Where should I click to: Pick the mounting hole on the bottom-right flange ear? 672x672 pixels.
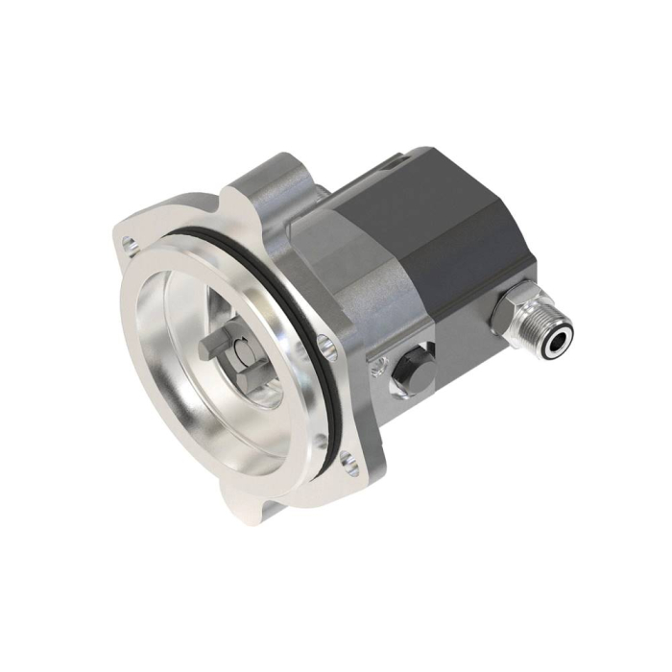point(352,469)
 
